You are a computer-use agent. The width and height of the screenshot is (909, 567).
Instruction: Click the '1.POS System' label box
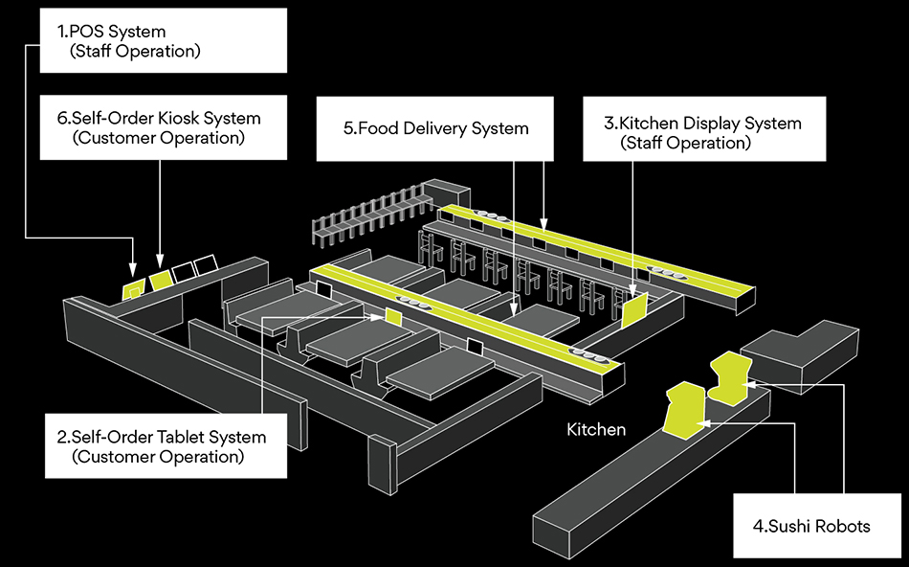163,40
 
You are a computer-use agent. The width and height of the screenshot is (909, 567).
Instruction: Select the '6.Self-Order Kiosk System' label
163,127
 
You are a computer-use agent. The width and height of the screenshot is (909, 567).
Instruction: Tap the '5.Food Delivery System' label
435,128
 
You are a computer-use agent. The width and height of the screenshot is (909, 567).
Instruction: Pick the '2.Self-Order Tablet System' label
165,446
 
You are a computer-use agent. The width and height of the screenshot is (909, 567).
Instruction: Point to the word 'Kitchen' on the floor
596,429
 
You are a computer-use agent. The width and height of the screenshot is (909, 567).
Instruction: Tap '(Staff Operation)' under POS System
135,51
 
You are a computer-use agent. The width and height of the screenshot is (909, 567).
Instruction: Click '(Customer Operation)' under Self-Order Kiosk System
158,138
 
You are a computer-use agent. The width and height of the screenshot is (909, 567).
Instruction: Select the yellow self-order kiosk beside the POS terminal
160,278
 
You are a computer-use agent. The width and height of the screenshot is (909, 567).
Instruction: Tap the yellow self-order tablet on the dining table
392,316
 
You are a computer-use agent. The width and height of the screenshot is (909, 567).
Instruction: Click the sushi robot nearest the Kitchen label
682,412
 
